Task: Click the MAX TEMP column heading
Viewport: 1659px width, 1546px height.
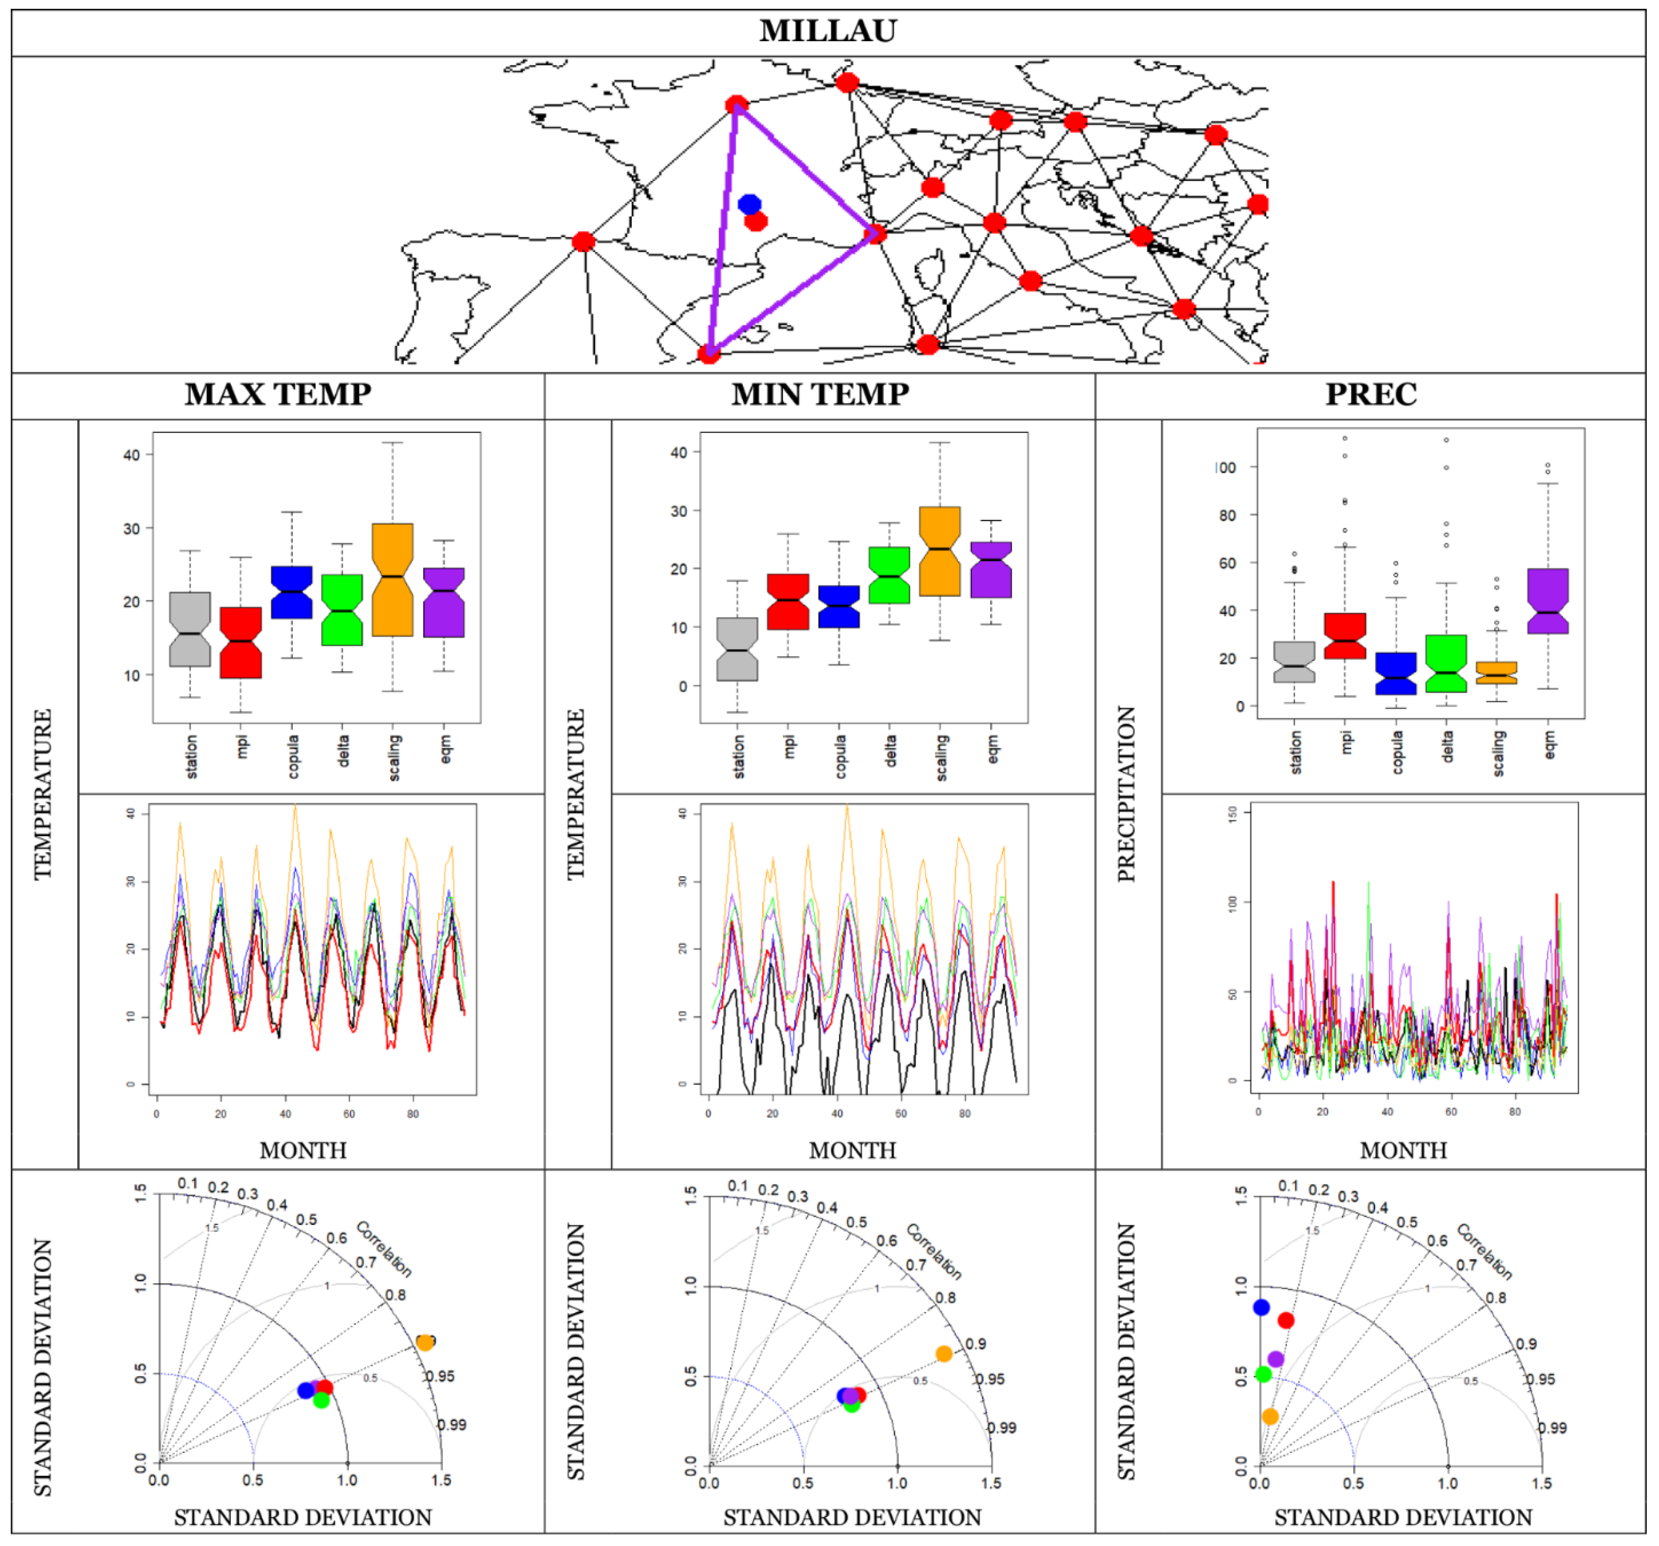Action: pyautogui.click(x=278, y=394)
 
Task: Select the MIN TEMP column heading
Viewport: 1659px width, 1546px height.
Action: pyautogui.click(x=820, y=394)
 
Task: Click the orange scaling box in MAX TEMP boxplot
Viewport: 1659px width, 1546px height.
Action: pyautogui.click(x=392, y=580)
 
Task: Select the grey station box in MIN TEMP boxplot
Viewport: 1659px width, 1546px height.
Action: pyautogui.click(x=737, y=649)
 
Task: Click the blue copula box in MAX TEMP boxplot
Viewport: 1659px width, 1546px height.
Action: pyautogui.click(x=291, y=592)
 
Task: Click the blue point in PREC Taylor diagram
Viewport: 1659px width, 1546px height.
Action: pyautogui.click(x=1261, y=1307)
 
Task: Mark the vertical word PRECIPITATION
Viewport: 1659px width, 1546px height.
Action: pyautogui.click(x=1127, y=794)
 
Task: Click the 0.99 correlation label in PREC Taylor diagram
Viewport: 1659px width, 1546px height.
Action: pyautogui.click(x=1552, y=1428)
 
